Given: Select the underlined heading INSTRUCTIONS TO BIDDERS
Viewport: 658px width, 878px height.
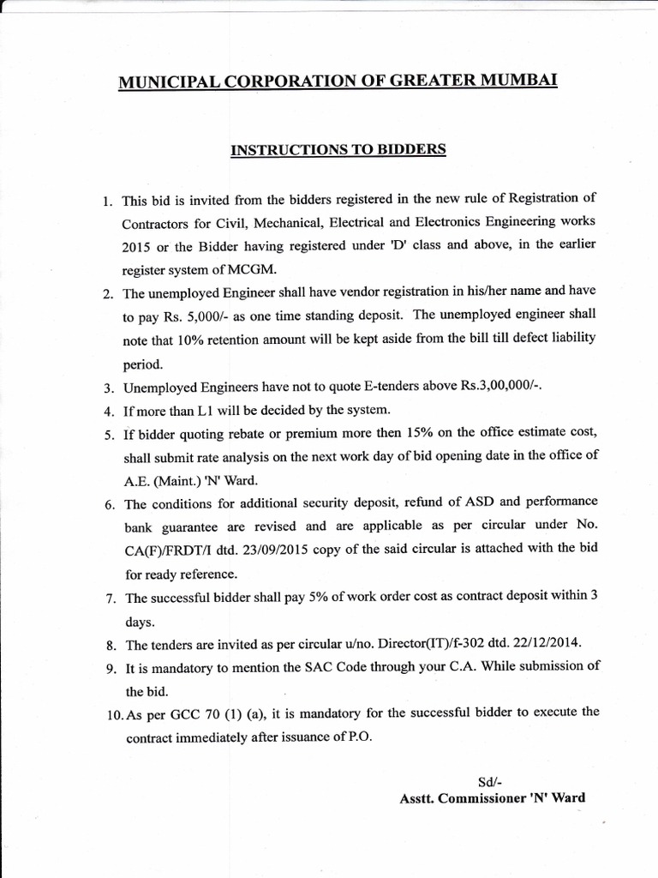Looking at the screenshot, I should [338, 149].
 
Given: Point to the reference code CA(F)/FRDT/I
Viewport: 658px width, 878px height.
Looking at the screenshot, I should [168, 549].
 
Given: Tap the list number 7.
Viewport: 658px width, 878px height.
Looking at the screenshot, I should [109, 598].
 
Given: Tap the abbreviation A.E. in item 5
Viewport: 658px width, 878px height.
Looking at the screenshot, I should [138, 478].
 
